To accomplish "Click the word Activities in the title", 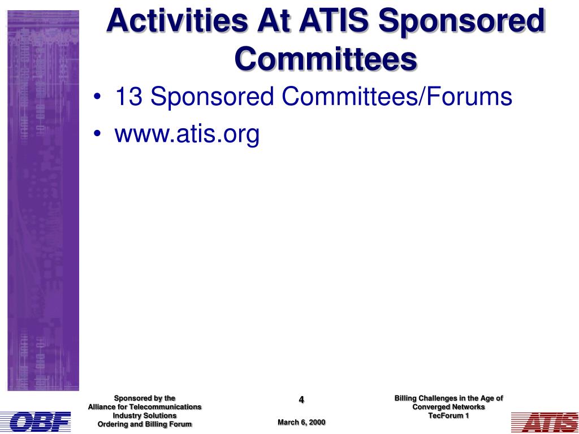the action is coord(177,21).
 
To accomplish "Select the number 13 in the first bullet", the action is coord(128,96).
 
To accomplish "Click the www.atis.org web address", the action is coord(187,134).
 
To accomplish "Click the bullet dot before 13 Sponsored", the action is coord(97,96).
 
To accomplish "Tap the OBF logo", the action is coord(36,422).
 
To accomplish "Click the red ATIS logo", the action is coord(545,422).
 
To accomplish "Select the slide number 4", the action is coord(301,400).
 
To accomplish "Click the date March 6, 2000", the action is coord(301,422).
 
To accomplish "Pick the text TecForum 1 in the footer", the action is coord(448,415).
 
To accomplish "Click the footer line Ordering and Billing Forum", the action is coord(144,424).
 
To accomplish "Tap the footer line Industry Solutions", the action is coord(144,415).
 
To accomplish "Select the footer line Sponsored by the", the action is coord(144,398).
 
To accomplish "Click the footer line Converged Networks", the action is coord(448,407).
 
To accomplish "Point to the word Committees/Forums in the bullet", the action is coord(397,96).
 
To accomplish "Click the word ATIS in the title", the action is coord(334,21).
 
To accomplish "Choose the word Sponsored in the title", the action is coord(461,21).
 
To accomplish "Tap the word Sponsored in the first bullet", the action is coord(212,97).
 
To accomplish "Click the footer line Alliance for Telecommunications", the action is coord(144,407).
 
